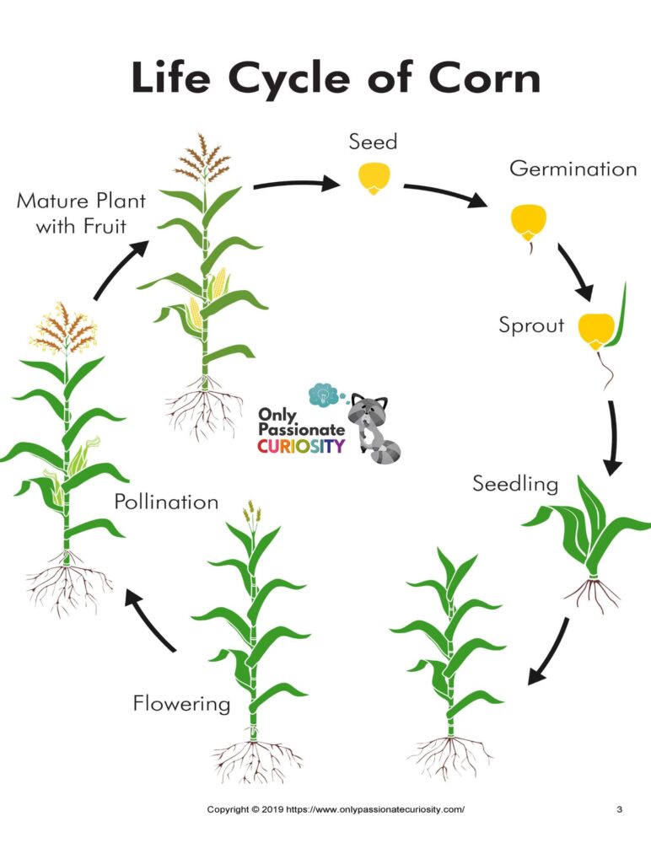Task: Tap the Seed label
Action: [373, 142]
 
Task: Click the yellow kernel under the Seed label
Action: [374, 178]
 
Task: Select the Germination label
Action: [573, 169]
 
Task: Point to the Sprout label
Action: [531, 325]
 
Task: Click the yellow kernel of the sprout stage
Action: [596, 330]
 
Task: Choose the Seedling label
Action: [515, 484]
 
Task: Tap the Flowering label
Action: [181, 704]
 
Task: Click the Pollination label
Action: [166, 502]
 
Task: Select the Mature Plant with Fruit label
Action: [81, 213]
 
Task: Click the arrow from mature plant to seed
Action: [296, 184]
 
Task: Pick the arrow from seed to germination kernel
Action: [445, 194]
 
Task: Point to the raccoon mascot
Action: [372, 428]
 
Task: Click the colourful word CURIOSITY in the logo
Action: [301, 446]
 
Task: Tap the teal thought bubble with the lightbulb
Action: [324, 395]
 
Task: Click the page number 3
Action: [619, 808]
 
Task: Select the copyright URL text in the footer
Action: [375, 808]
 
